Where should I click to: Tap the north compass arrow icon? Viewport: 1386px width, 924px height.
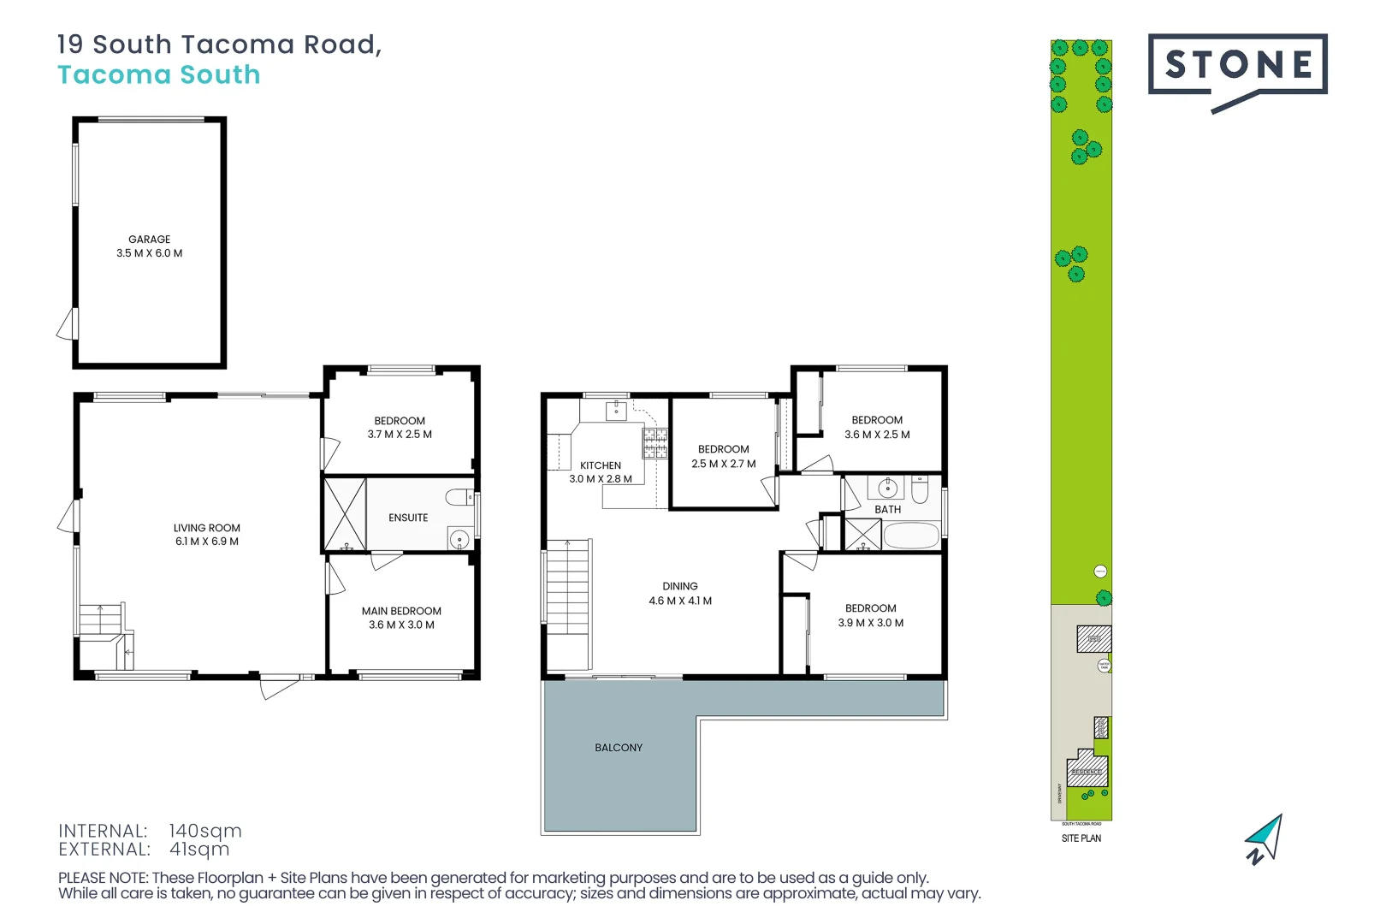click(1265, 838)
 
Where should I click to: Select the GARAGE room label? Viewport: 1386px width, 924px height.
click(149, 240)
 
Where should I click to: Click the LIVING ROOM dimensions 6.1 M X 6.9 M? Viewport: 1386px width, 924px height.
click(207, 542)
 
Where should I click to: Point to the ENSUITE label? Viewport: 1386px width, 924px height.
click(408, 518)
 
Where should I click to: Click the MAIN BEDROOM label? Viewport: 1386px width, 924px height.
click(401, 611)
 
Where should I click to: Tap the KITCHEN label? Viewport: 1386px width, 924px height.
click(601, 465)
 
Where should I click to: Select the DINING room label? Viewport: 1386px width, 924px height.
click(680, 586)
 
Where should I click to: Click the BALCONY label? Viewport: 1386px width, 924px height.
click(619, 748)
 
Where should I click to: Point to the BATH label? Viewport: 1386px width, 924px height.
click(887, 509)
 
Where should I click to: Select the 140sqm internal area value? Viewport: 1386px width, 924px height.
click(205, 831)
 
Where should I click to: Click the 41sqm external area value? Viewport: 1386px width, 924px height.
click(199, 850)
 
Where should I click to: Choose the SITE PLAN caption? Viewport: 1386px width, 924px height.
click(1081, 838)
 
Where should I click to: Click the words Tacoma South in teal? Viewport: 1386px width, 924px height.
click(159, 75)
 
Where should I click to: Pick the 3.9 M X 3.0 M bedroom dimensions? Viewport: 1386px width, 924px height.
click(871, 623)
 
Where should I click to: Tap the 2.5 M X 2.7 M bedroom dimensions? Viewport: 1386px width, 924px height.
click(724, 464)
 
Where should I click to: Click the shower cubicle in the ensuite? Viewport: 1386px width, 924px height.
click(345, 514)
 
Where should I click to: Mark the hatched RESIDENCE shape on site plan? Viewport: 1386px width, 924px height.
click(1087, 769)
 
